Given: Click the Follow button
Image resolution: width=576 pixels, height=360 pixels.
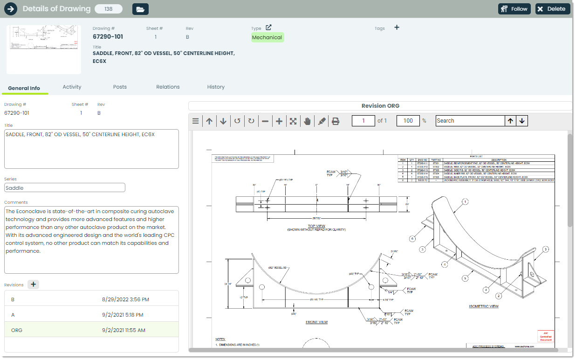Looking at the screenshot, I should click(514, 9).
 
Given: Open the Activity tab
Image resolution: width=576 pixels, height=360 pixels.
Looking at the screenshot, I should click(72, 87).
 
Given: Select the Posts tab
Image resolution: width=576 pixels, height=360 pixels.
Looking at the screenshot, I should click(120, 87).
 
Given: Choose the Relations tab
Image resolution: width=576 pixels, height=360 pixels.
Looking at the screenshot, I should click(168, 87).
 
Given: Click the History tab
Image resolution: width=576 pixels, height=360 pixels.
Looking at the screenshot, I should click(216, 87).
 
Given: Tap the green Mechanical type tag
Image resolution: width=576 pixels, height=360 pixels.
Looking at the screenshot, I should click(267, 37).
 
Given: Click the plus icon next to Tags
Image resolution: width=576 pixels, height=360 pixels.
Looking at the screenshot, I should click(397, 28).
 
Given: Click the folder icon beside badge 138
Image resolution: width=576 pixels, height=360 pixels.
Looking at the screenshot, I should click(140, 9).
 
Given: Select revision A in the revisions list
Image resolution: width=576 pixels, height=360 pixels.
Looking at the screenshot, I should click(91, 315).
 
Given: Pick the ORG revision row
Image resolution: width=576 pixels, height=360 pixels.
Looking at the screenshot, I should click(91, 330).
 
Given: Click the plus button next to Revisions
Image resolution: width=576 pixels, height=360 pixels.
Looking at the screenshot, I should click(34, 284).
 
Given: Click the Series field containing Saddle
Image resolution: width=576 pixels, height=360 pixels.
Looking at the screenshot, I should click(65, 187).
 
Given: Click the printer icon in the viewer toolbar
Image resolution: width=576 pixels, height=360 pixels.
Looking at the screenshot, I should click(335, 121).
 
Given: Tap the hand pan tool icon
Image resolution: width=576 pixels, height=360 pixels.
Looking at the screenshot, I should click(307, 121).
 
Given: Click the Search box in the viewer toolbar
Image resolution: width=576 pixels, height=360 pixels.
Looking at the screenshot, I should click(470, 121).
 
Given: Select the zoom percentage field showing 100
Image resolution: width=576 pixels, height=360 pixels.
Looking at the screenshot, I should click(408, 121).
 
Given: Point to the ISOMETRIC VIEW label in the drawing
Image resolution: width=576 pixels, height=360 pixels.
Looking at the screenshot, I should click(483, 306).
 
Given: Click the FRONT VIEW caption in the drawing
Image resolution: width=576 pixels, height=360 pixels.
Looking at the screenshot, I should click(316, 322).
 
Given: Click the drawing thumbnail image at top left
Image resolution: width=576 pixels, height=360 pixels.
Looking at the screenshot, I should click(44, 49).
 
